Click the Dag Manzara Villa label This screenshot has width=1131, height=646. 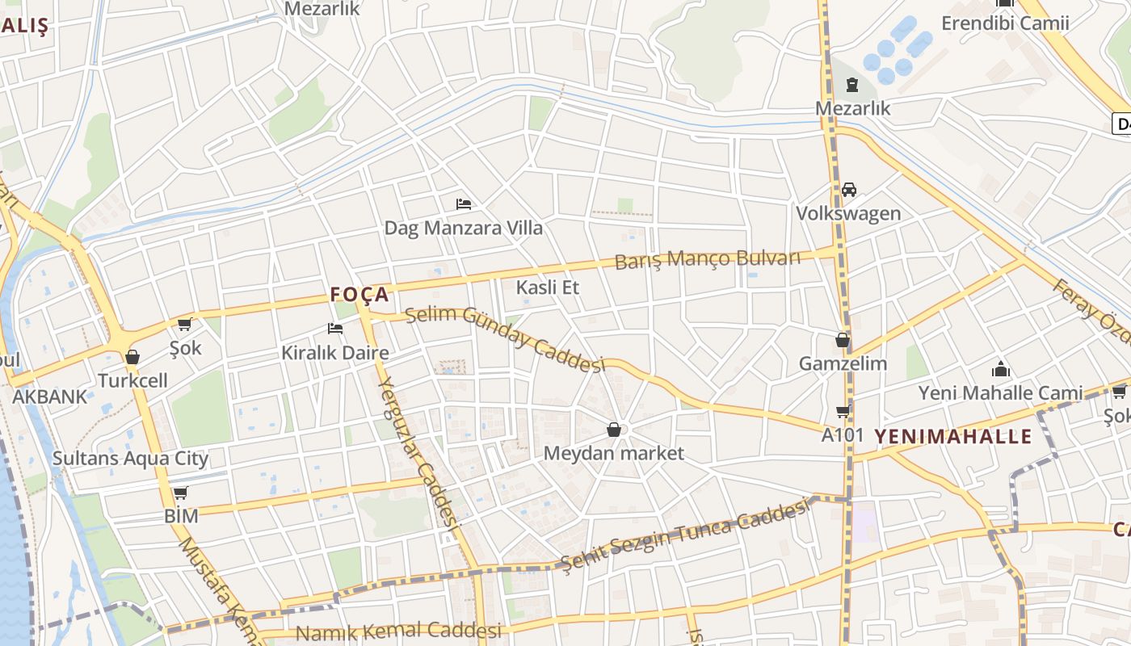click(463, 228)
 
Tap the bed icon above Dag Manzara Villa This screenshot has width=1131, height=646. click(464, 203)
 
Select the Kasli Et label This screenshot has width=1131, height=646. click(548, 287)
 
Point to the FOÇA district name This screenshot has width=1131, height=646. click(359, 295)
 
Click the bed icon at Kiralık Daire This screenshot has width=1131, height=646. click(335, 328)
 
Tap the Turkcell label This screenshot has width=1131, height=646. click(132, 380)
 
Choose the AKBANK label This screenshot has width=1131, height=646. click(49, 396)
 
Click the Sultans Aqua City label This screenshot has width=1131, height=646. click(130, 459)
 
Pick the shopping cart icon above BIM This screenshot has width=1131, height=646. click(180, 493)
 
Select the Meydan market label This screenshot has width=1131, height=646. click(614, 453)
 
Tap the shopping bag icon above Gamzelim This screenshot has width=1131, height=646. click(843, 340)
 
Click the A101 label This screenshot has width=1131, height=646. click(843, 435)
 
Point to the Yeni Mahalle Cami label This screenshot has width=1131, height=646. click(1000, 393)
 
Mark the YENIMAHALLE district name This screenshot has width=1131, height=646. click(953, 437)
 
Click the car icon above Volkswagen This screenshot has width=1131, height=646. click(849, 190)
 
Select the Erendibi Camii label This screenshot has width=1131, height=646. click(1005, 23)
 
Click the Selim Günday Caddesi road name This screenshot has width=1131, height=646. click(505, 338)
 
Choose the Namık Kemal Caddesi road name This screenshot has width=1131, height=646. click(399, 631)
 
